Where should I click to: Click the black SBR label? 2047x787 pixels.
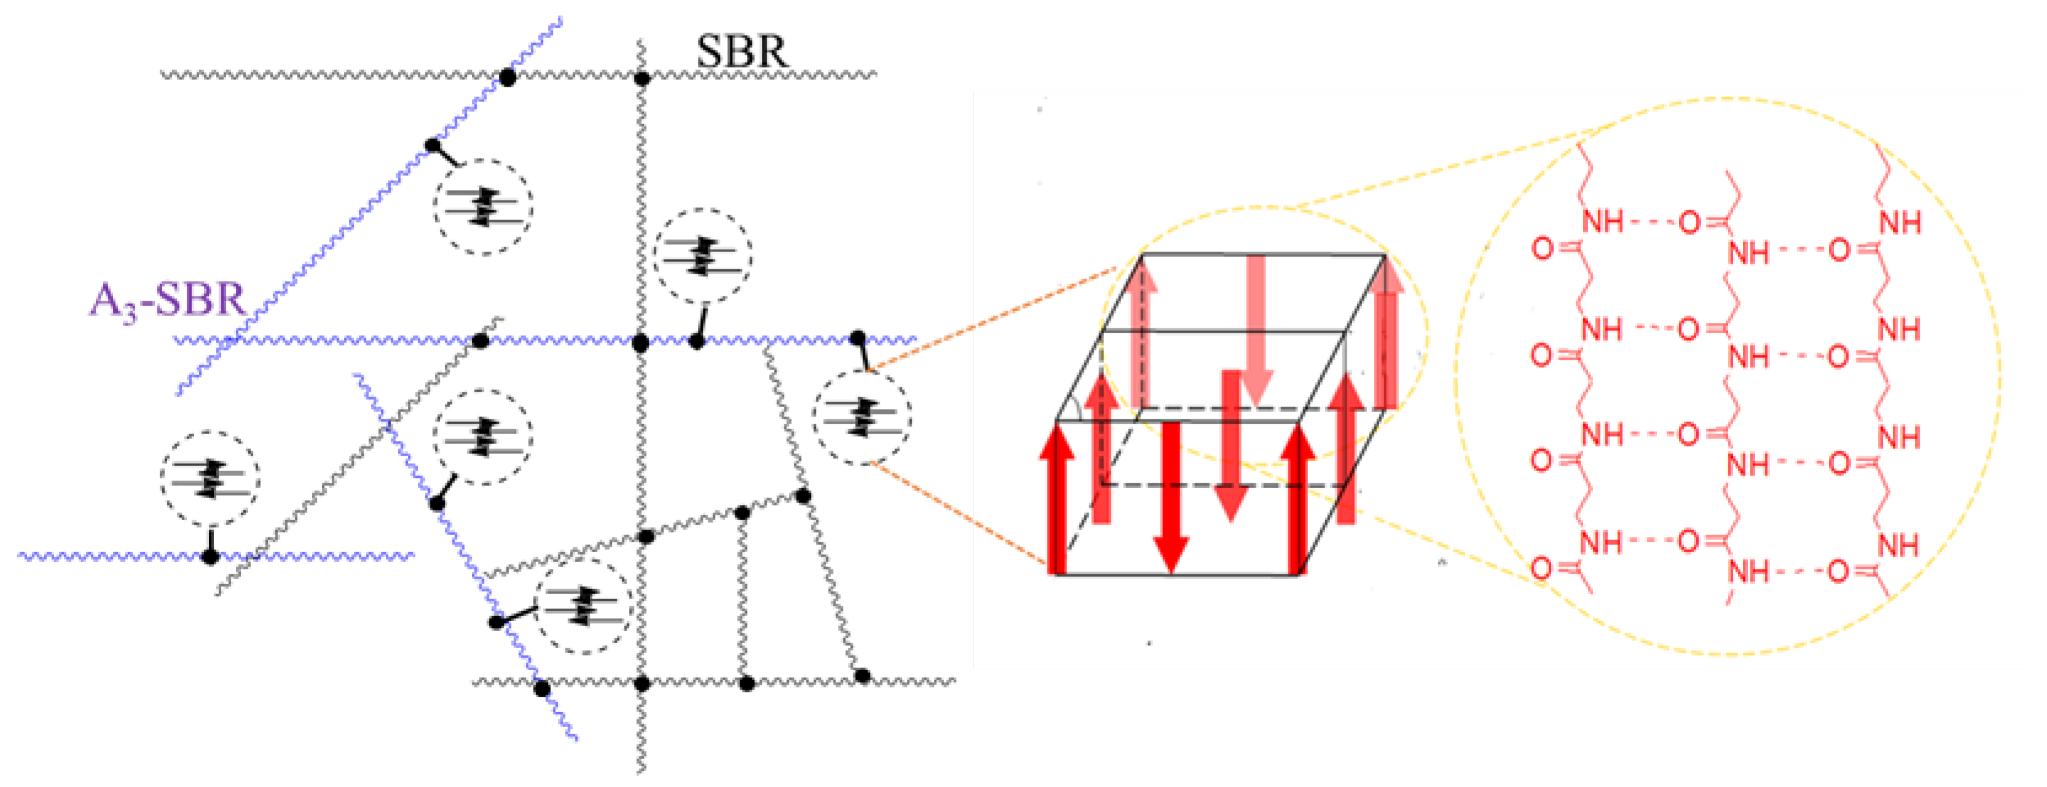(x=742, y=52)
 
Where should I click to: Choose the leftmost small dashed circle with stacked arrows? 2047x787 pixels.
(x=209, y=478)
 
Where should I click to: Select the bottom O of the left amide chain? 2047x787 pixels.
(x=1541, y=568)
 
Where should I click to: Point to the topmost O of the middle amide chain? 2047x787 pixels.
(x=1689, y=223)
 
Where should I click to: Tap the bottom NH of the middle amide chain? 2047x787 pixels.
(x=1748, y=571)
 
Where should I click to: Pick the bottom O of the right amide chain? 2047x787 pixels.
(x=1839, y=571)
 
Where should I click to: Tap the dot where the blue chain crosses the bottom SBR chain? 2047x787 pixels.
(x=542, y=687)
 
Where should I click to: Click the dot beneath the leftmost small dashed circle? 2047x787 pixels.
(x=209, y=556)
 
